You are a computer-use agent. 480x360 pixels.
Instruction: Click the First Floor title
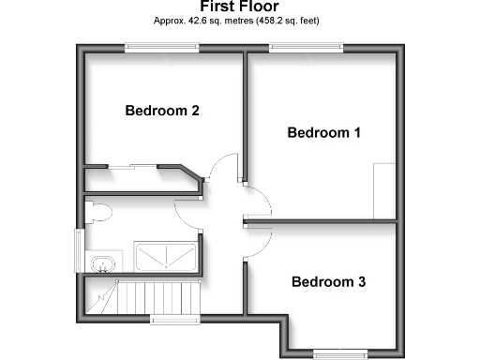click(239, 6)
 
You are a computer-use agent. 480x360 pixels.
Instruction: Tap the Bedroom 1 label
click(323, 132)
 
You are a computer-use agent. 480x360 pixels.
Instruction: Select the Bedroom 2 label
click(162, 111)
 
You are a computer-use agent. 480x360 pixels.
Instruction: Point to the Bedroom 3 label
click(328, 281)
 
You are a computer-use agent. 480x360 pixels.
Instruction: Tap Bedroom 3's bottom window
click(338, 352)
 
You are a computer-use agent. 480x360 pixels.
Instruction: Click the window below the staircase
click(176, 321)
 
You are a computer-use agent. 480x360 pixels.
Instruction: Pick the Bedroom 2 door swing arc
click(222, 167)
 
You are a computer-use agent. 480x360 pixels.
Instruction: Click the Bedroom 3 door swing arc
click(261, 242)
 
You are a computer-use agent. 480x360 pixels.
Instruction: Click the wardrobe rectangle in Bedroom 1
click(385, 190)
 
